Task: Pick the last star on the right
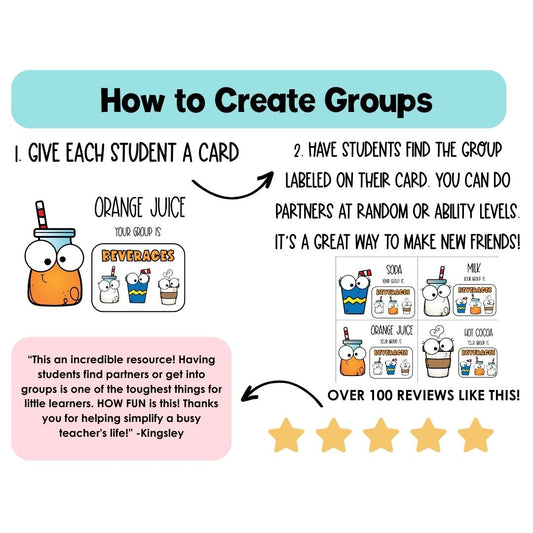click(x=476, y=435)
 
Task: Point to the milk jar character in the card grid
click(x=437, y=292)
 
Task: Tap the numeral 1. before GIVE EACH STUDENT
click(x=18, y=155)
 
